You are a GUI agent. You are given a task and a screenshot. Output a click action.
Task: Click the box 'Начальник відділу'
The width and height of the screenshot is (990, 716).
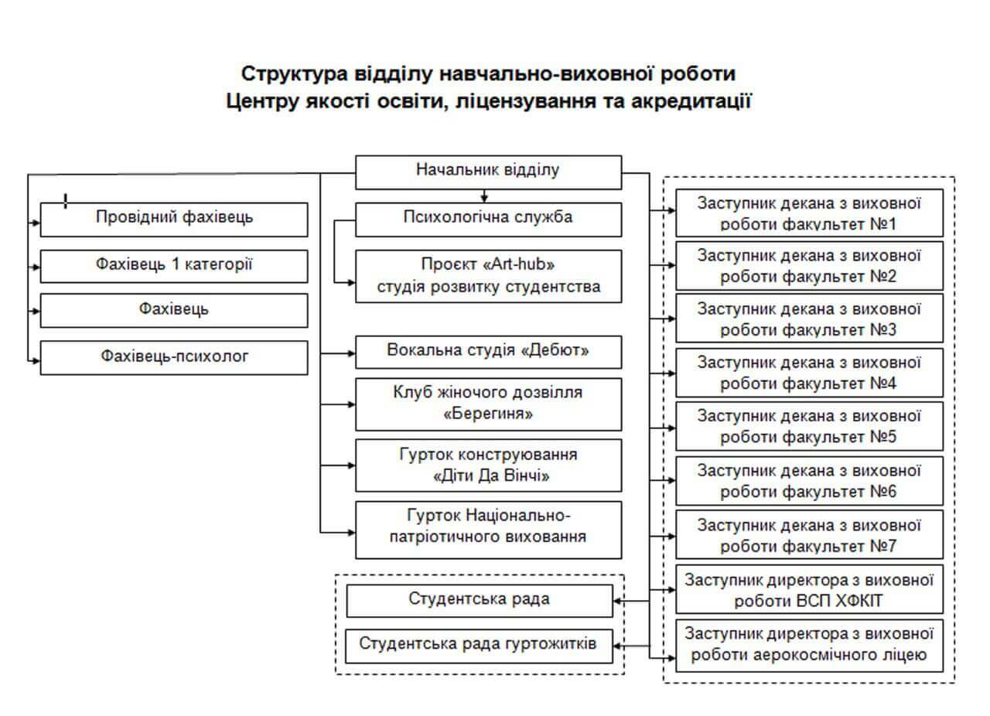pos(488,172)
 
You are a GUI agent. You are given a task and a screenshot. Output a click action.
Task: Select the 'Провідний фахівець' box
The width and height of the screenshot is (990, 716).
pos(174,219)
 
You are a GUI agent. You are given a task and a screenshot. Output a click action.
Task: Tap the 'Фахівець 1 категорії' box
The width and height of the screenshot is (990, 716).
pos(174,265)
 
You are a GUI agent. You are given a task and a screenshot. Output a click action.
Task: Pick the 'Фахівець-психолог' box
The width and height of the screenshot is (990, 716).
pos(174,357)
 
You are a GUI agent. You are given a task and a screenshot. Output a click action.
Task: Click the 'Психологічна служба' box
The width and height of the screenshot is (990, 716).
pos(488,218)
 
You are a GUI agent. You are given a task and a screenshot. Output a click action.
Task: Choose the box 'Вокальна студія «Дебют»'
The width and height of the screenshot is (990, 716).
pos(488,351)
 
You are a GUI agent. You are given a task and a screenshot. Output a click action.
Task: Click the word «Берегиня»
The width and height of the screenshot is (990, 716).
pos(488,414)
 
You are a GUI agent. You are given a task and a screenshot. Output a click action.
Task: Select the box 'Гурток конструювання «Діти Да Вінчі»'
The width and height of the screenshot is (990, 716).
pos(488,465)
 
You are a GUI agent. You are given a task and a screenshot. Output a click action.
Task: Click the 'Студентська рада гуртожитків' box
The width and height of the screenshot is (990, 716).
pos(479,645)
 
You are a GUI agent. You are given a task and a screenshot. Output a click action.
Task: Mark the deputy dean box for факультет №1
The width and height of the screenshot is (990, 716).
pos(809,213)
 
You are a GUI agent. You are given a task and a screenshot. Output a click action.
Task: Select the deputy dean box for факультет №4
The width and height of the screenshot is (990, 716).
pos(809,373)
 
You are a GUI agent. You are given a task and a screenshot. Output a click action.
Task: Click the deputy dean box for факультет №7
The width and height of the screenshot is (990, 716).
pos(809,534)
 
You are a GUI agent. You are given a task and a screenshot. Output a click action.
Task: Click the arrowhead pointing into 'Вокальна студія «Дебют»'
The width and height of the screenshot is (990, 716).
pos(351,353)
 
